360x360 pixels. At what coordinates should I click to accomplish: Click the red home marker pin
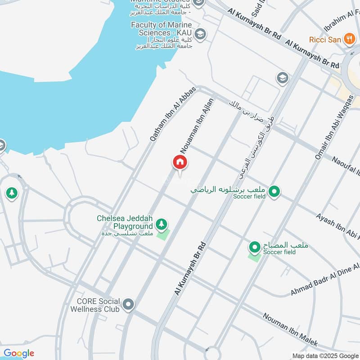(x=180, y=162)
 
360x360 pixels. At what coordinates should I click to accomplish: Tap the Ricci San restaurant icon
(x=349, y=39)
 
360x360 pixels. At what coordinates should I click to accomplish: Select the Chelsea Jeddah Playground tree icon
(x=161, y=223)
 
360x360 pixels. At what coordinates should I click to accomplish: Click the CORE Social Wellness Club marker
(x=128, y=305)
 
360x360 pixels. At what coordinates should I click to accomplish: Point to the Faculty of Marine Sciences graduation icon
(x=200, y=34)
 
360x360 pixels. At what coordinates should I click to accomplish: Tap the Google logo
(x=19, y=353)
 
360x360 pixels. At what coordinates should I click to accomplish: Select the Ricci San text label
(x=325, y=40)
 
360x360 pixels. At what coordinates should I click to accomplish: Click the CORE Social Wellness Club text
(x=95, y=305)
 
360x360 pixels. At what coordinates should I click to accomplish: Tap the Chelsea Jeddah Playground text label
(x=125, y=222)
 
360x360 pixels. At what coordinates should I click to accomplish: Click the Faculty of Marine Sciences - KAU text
(x=162, y=29)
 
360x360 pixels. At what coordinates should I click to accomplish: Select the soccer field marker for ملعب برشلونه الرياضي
(x=273, y=192)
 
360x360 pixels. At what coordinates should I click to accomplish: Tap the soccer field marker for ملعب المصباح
(x=255, y=247)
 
